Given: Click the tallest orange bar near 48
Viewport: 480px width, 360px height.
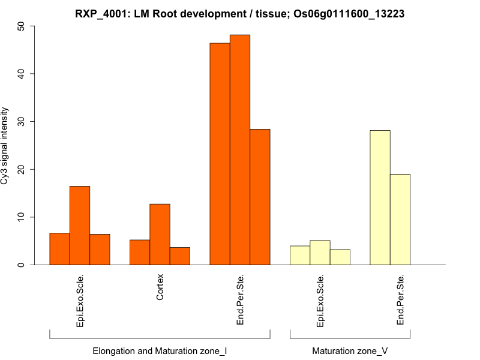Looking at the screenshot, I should point(240,150).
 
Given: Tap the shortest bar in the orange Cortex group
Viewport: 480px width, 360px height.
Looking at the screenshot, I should point(179,256).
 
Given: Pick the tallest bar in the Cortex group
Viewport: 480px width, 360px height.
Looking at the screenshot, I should point(160,234).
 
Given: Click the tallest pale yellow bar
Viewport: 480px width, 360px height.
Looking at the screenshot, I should point(380,197).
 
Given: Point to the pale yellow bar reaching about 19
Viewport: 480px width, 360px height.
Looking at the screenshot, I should point(400,219).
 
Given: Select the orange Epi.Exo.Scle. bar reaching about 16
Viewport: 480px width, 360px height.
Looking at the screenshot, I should point(80,225).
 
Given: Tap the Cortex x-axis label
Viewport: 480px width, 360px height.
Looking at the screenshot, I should point(160,288).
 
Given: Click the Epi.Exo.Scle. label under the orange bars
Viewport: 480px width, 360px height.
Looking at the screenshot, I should point(80,301).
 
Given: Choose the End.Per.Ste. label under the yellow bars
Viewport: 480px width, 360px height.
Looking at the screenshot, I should point(400,299).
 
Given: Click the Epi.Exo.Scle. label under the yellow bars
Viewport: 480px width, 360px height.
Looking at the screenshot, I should point(320,301).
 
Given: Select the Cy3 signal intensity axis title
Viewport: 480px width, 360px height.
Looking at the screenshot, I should point(5,146).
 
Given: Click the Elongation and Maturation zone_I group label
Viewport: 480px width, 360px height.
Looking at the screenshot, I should point(160,350).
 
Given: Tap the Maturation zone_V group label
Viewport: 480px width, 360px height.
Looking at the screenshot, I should point(350,350).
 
